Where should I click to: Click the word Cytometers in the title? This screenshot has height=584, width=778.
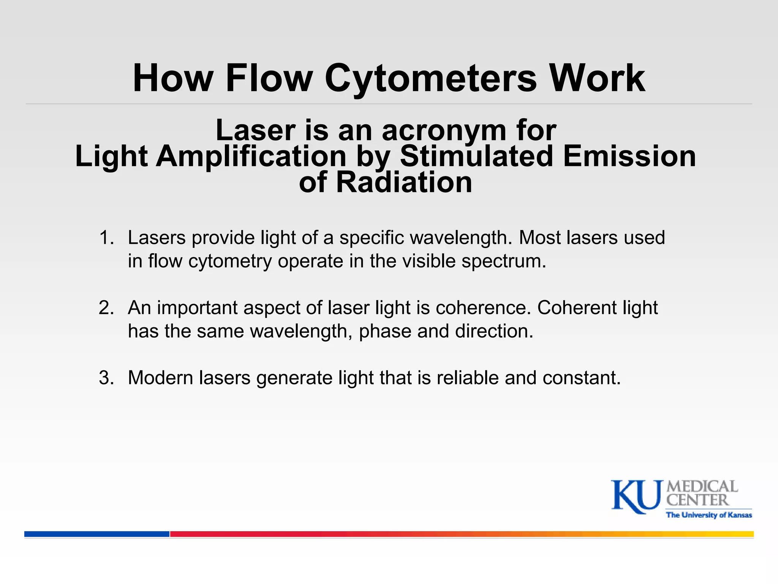431,78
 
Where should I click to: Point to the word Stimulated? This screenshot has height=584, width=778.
476,156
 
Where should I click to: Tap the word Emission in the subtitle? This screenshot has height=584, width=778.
629,156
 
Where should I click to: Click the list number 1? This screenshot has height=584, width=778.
106,238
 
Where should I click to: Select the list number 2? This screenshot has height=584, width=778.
106,308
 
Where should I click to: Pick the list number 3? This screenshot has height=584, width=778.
106,378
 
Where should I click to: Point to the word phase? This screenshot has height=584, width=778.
385,332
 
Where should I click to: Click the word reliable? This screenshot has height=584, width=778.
467,378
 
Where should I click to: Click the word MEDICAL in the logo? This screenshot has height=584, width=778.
702,486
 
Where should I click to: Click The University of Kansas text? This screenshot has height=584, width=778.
709,515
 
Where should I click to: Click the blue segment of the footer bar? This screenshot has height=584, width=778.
97,534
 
